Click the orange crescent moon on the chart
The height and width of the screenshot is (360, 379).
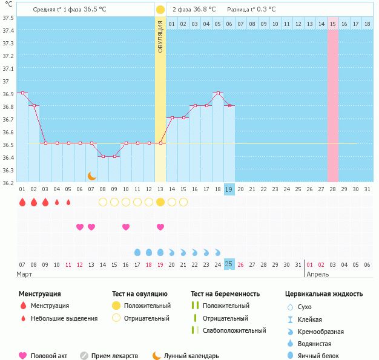pos(91,176)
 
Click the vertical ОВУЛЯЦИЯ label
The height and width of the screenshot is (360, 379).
pos(160,37)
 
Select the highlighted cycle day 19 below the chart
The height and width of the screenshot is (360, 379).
pos(229,189)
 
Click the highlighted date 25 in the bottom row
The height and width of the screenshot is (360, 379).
pos(229,264)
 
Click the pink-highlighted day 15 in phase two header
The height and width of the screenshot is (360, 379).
pos(333,24)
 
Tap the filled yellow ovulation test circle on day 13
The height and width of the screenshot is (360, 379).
pos(160,202)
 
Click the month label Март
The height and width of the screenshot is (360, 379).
pos(24,275)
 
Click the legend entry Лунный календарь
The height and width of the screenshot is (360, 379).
pos(192,356)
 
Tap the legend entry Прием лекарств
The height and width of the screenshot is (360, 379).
pos(114,356)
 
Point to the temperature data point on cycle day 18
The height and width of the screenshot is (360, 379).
pos(218,93)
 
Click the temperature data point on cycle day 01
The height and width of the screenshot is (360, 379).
pos(22,93)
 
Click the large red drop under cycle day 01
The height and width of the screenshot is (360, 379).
pos(22,202)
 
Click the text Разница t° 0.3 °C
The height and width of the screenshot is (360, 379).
pos(251,10)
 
